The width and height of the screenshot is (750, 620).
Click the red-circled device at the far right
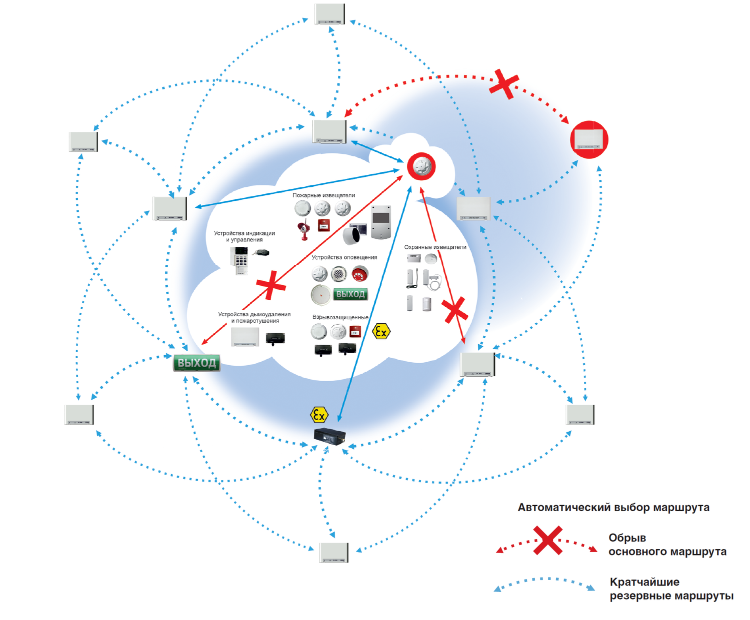pos(589,139)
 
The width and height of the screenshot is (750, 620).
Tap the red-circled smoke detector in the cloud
pos(421,166)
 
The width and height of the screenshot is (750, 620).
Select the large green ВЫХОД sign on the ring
pos(197,363)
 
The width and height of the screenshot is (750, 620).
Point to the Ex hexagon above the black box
pos(319,415)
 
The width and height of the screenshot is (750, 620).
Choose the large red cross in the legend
pos(548,541)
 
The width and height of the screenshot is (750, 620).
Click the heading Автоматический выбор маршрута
pos(613,508)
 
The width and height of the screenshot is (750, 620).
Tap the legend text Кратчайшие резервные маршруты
pos(671,589)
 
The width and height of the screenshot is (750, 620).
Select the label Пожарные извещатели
pos(323,195)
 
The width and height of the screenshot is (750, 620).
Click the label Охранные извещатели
pos(435,247)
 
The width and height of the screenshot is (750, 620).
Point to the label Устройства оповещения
pos(344,258)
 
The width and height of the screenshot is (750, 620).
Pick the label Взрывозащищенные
pos(340,317)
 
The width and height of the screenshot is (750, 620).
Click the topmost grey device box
pos(330,14)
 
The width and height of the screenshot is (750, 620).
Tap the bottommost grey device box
pos(334,553)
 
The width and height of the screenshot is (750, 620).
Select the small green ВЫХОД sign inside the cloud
pos(350,294)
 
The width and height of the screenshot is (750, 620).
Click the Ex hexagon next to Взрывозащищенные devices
pos(381,331)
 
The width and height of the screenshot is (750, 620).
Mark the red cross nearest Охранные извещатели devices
pos(455,310)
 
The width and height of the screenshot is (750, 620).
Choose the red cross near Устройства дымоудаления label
pos(271,285)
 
